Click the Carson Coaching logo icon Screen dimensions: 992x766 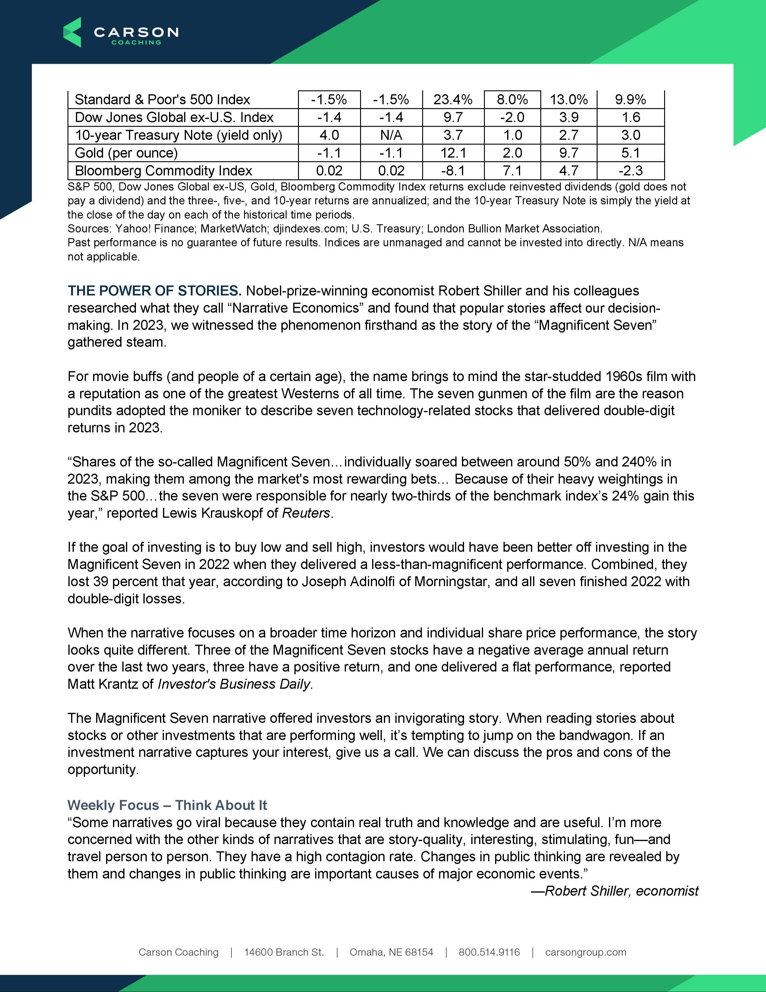coord(72,32)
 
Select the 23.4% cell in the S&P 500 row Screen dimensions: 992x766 coord(453,100)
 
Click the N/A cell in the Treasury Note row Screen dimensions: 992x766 coord(391,135)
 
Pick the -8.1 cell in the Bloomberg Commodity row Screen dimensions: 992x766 coord(453,171)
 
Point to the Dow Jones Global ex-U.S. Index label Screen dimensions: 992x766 coord(174,117)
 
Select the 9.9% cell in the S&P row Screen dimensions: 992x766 coord(630,100)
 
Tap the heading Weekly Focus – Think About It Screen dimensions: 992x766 coord(167,805)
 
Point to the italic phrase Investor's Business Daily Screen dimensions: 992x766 coord(234,684)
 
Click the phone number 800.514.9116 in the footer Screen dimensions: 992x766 coord(489,952)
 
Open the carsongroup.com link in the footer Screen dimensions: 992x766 coord(585,952)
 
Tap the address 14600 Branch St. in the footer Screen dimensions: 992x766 coord(284,952)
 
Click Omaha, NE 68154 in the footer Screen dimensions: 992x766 coord(391,952)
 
